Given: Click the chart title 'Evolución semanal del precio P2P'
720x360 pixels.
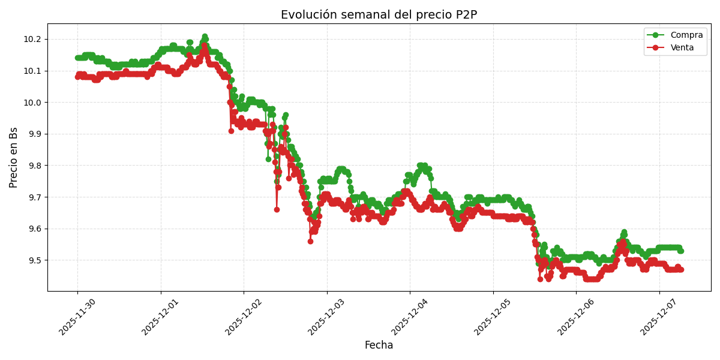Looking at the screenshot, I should point(379,15).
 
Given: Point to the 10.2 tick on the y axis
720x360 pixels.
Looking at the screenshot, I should point(32,40).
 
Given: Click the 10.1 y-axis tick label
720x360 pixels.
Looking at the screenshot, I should point(32,71).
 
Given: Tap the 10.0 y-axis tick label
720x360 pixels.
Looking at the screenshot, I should point(32,103).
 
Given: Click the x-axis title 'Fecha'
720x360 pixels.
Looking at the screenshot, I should point(379,346).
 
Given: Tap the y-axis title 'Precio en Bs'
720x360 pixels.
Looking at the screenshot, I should point(14,157).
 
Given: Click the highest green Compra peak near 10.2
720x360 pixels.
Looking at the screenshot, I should point(205,37).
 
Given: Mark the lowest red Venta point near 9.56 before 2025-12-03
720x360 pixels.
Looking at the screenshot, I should point(310,241).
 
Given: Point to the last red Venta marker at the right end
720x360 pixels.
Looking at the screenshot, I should point(680,269).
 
